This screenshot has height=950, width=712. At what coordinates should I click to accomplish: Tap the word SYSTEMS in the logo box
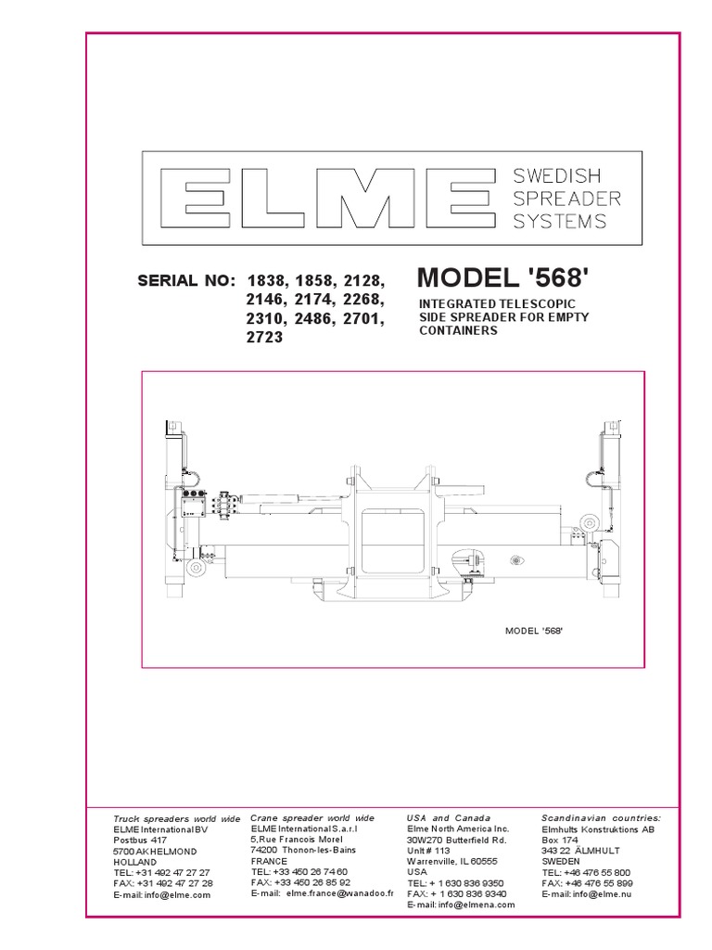pyautogui.click(x=561, y=221)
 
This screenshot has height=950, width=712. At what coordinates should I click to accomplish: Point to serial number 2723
pyautogui.click(x=263, y=338)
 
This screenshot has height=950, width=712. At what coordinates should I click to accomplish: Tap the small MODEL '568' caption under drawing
pyautogui.click(x=535, y=630)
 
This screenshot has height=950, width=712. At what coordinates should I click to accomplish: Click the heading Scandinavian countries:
pyautogui.click(x=601, y=817)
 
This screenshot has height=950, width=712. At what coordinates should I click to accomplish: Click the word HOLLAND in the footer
pyautogui.click(x=135, y=862)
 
